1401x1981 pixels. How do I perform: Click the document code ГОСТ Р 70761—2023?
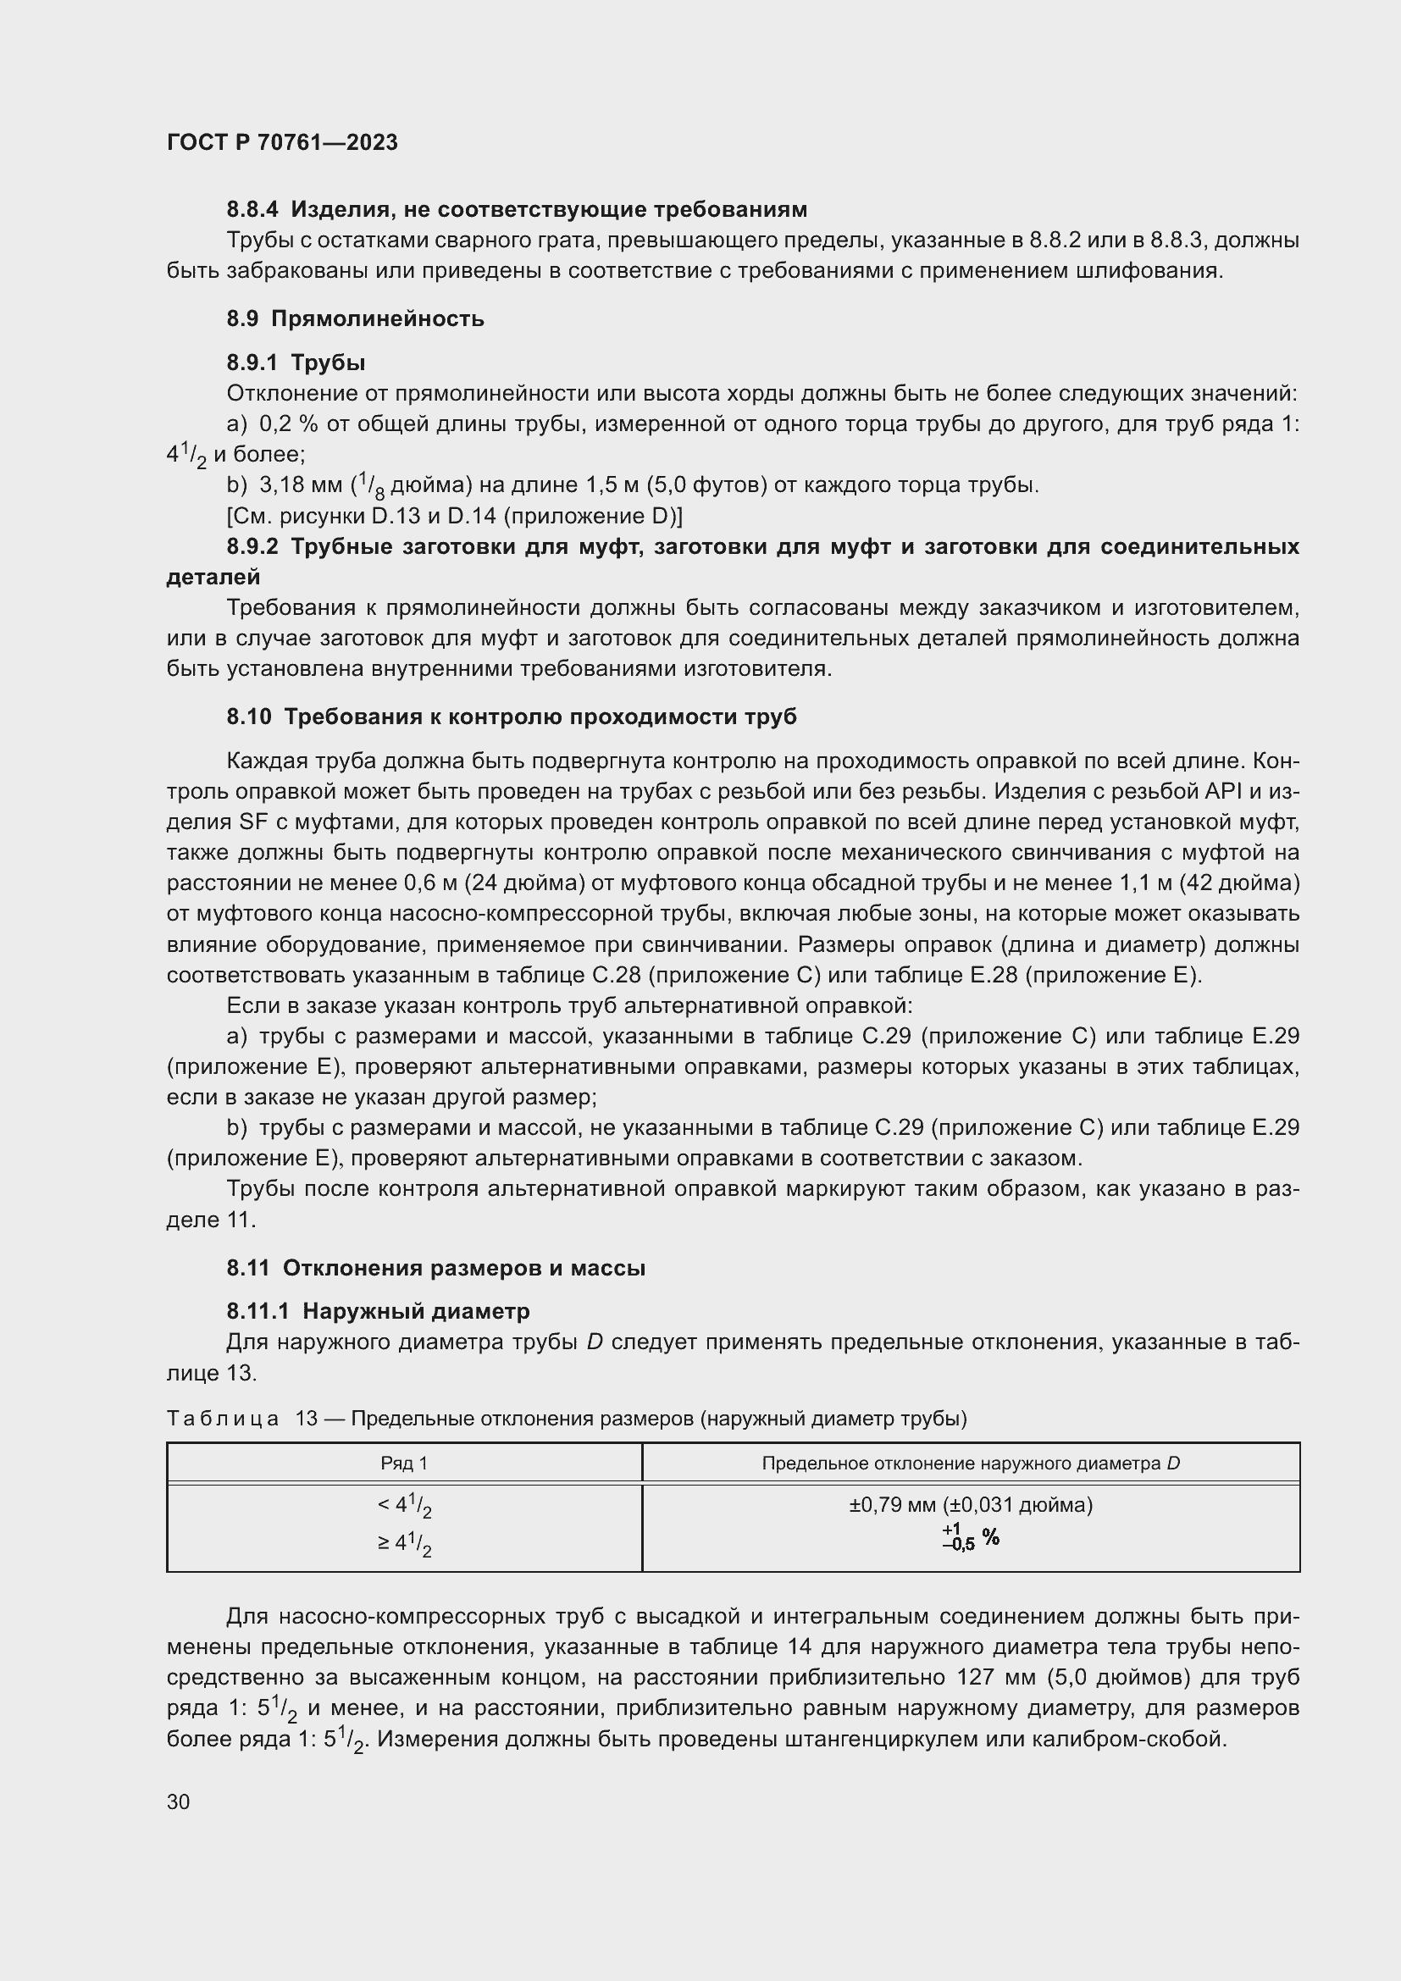[282, 142]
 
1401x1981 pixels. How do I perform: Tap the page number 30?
[179, 1801]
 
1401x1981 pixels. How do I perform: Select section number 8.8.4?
[252, 209]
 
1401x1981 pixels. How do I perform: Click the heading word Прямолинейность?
[377, 318]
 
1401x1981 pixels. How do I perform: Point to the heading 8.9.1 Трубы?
[296, 362]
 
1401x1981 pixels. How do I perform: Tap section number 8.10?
[249, 717]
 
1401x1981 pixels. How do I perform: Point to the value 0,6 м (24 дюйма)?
[493, 883]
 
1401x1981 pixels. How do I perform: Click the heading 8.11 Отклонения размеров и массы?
[435, 1268]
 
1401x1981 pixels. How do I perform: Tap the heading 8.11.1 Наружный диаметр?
[378, 1310]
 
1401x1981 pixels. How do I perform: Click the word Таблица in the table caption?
[223, 1419]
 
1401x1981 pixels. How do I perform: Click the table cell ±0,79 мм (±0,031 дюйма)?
[971, 1505]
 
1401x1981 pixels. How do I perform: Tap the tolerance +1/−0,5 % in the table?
[971, 1537]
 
